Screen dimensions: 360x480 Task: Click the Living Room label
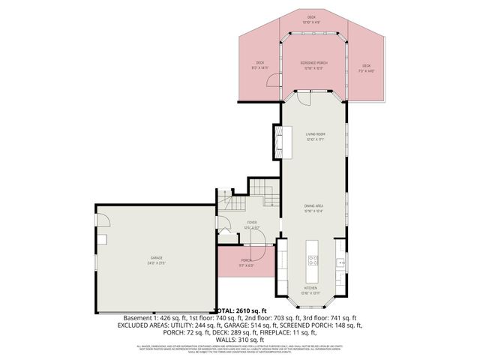314,136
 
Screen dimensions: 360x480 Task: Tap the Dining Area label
314,209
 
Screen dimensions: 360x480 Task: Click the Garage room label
156,259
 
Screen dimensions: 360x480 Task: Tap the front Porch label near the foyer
247,262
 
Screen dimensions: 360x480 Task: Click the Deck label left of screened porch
260,64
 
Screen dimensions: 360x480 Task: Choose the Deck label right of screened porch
367,67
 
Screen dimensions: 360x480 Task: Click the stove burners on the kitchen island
313,261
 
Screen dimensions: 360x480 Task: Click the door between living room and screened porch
303,99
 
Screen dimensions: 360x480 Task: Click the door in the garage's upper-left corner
104,221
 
